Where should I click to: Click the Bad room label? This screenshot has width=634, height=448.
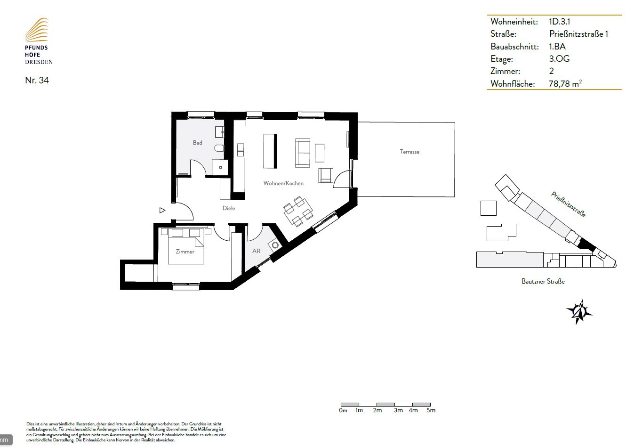coord(197,143)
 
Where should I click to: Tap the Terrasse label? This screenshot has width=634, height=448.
coord(409,152)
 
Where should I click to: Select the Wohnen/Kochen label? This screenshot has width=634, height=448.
coord(283,183)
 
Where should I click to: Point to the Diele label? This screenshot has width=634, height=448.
coord(229,208)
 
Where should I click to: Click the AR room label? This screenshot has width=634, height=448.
coord(256,251)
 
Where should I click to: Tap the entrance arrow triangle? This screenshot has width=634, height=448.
coord(162,210)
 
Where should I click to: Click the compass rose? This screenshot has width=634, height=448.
coord(579,312)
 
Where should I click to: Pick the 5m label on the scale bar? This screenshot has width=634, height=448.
coord(431,410)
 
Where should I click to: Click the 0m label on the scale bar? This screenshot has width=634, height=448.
coord(343,410)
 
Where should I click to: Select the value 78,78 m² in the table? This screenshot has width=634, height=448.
coord(565,83)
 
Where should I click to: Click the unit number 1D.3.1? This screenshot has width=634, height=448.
coord(559,22)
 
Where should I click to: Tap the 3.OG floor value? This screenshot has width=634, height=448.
coord(559,59)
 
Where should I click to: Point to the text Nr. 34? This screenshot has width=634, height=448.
coord(37,80)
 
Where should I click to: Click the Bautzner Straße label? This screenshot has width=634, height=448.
coord(543,281)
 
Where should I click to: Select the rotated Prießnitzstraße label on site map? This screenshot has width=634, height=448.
coord(568,204)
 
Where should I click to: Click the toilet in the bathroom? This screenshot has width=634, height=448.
coord(219,148)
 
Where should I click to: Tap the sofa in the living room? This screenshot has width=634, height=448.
coord(302,153)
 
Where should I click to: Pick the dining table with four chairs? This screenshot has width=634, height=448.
coord(298,212)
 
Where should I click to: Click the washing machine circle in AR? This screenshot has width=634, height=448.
coord(275,245)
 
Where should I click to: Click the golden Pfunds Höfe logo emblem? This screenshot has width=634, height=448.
coord(37,30)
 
